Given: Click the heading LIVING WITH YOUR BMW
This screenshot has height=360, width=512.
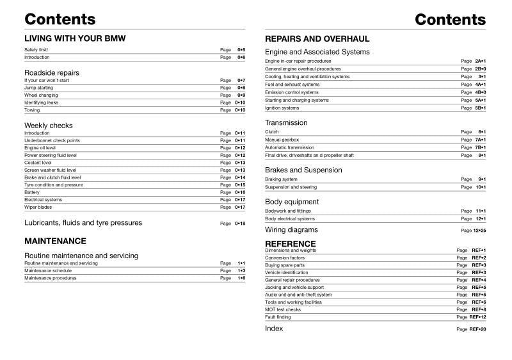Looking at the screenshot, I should coord(75,38).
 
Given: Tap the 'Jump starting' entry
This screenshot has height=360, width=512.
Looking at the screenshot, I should coord(38,88).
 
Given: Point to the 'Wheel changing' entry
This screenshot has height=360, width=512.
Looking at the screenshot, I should coord(41,95).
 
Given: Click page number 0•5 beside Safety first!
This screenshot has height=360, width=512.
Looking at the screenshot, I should coord(241,49).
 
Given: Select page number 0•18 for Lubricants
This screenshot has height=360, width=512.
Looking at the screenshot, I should coord(240,224).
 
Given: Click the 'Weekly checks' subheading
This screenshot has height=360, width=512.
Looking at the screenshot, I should coord(49,126).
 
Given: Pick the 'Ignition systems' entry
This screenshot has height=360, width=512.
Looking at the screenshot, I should coord(282,108).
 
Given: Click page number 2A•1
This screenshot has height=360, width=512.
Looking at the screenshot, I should coord(480,61).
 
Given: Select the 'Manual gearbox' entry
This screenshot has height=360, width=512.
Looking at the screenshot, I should coord(282,140).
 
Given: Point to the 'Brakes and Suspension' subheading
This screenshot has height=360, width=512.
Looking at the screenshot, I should coord(303,170).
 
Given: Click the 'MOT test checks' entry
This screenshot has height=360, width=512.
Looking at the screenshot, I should coord(282,309).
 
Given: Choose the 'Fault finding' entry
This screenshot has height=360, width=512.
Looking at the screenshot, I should coord(278,317).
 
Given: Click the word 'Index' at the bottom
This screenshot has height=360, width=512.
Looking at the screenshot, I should coord(274,329).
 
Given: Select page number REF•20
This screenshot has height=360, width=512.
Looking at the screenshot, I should coord(477,329).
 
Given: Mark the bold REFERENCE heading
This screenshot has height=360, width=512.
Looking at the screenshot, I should coord(290,244).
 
